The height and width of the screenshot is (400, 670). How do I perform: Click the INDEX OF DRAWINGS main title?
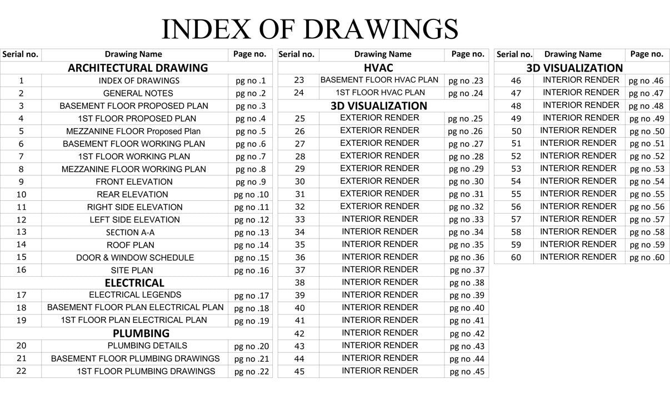309,28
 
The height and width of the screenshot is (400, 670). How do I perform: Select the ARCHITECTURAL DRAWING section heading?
137,68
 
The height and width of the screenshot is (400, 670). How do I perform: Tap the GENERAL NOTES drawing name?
138,93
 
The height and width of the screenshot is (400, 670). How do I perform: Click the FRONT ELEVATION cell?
134,181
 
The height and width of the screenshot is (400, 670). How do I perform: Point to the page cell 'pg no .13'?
251,232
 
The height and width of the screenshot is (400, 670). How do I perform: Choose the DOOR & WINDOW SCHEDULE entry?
135,257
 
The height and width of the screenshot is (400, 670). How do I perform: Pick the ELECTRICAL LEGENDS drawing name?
135,295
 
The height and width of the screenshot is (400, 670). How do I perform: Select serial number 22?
21,371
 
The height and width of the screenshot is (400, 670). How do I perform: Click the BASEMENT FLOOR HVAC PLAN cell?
379,80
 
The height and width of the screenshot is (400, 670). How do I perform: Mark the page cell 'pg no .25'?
466,119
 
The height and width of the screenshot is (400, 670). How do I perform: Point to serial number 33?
299,219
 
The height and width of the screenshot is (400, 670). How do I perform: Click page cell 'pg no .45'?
467,372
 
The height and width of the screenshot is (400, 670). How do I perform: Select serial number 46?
516,80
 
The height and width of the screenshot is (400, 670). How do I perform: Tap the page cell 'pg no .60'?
646,257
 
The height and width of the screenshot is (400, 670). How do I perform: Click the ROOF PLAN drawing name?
131,245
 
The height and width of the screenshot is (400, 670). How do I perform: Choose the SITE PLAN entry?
132,270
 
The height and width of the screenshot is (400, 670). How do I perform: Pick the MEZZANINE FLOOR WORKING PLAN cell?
133,169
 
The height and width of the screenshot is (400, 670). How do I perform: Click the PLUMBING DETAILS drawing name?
147,345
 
